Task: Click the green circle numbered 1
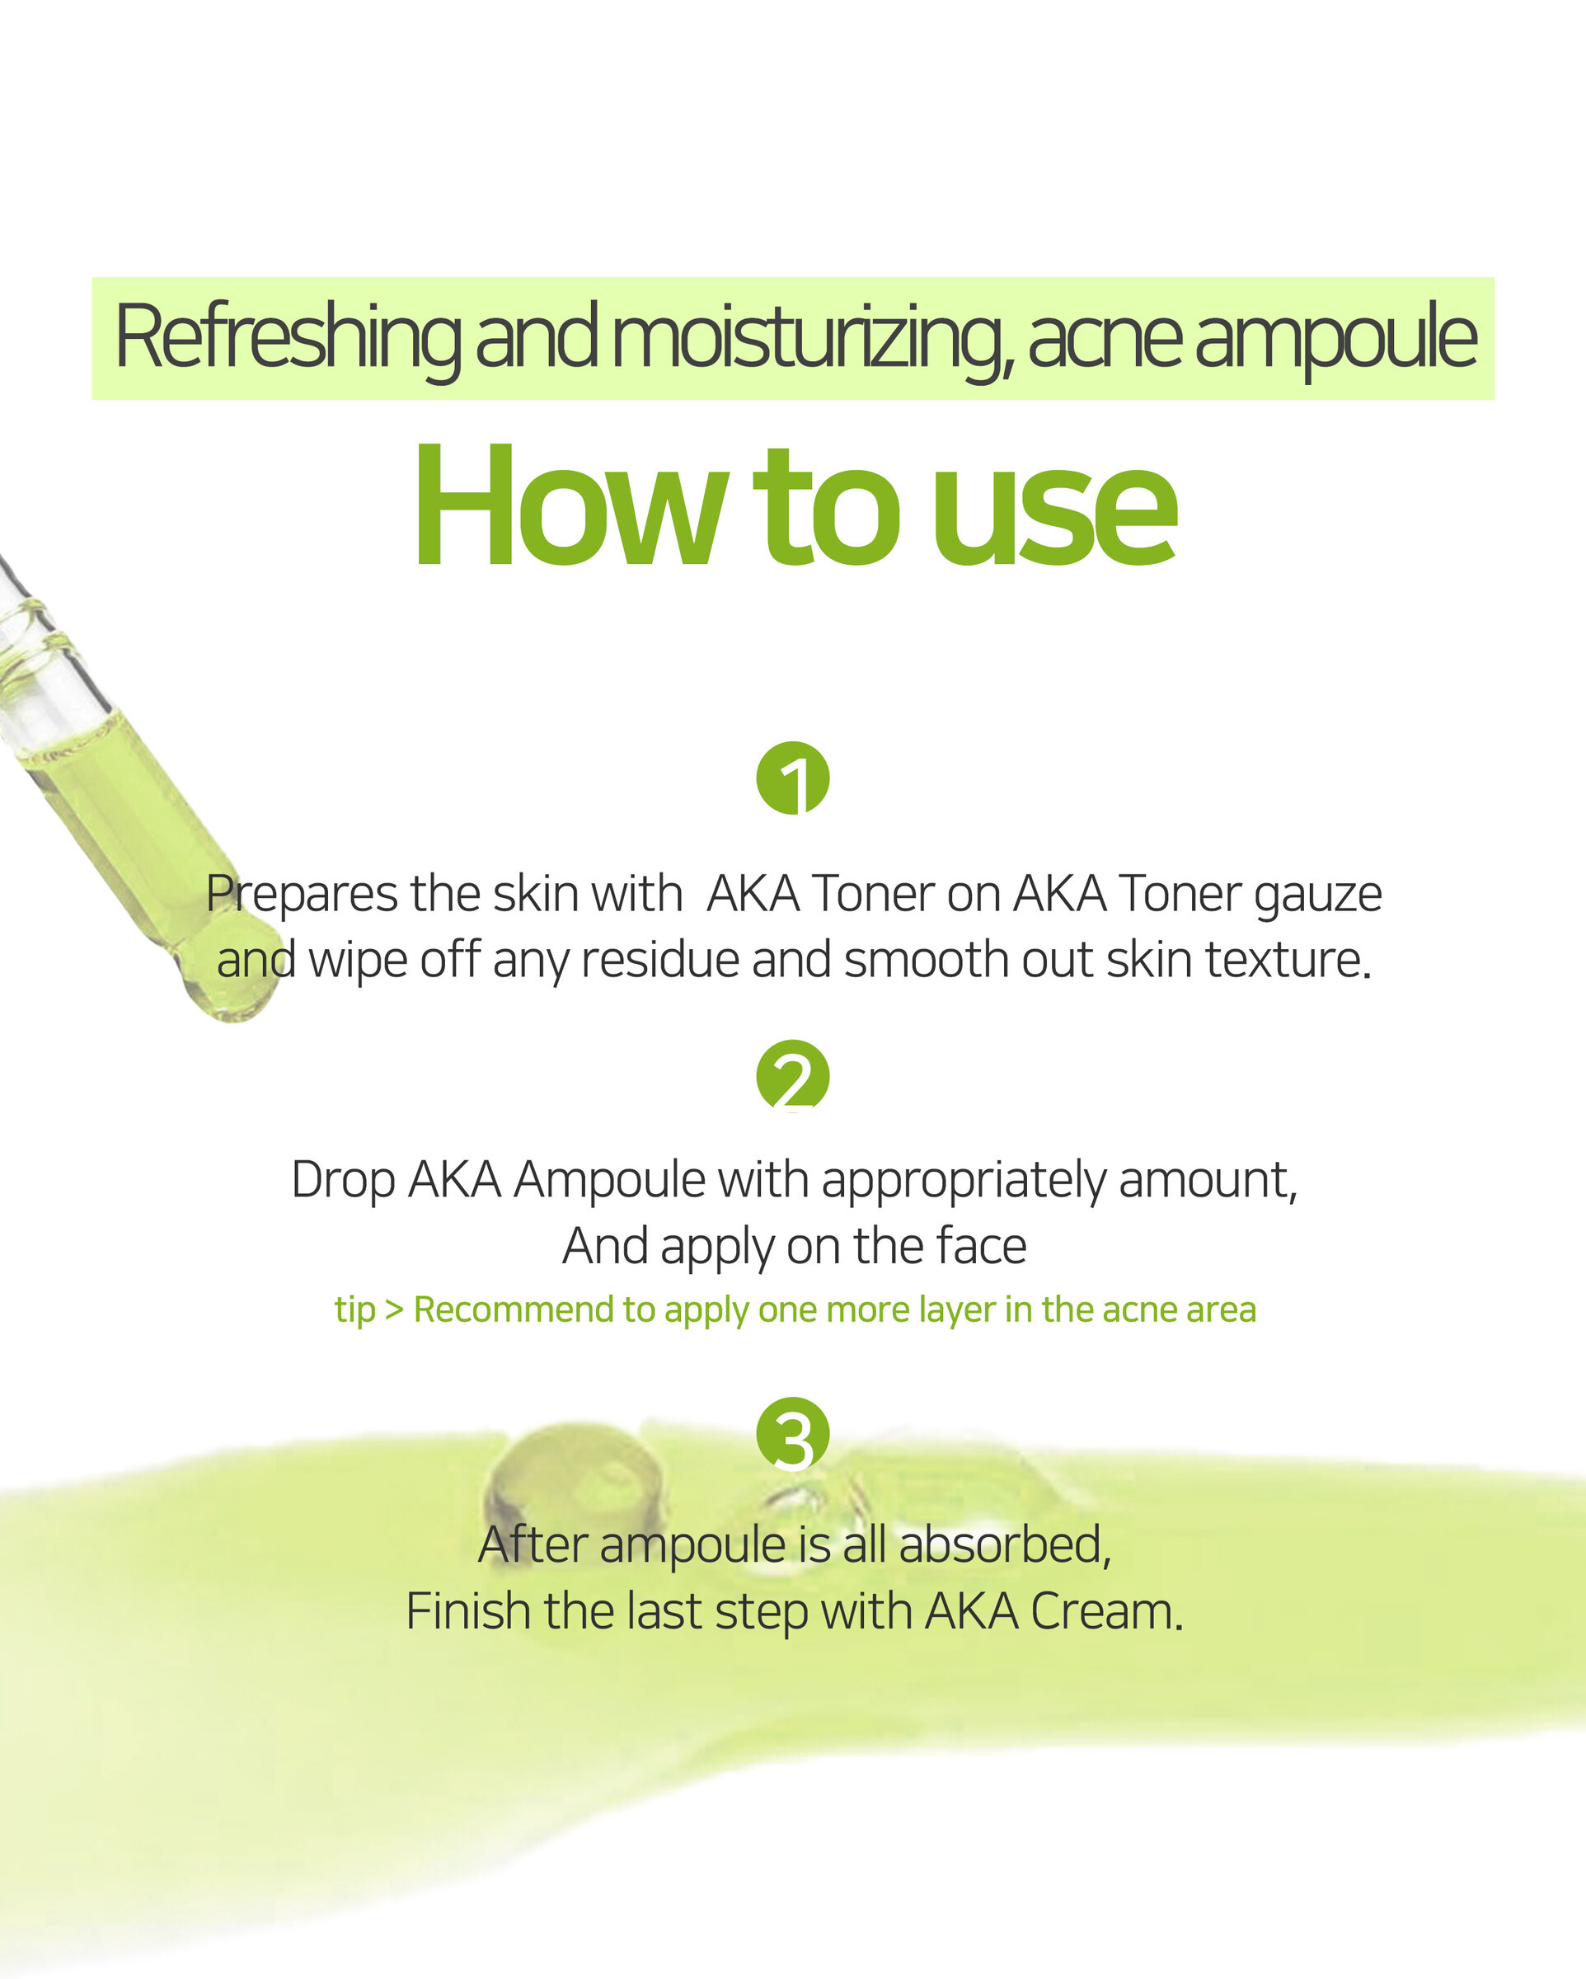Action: pos(792,778)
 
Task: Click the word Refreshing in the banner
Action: pos(289,339)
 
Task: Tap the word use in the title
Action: pos(1054,520)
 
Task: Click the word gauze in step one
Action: pos(1317,895)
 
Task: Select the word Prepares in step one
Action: pos(302,895)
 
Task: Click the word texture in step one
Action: pos(1288,960)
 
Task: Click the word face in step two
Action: pos(980,1246)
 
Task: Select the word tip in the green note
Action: pos(355,1309)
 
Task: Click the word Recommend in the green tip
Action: pos(513,1309)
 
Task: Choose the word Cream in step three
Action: pos(1106,1611)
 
